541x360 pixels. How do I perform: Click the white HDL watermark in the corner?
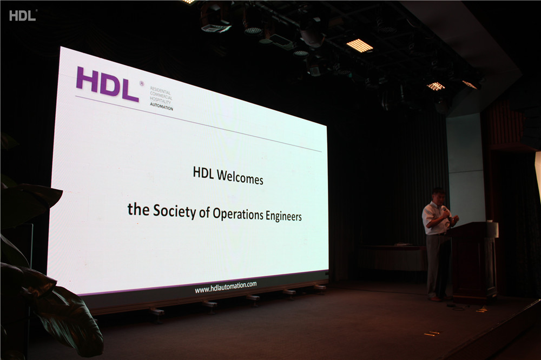click(x=22, y=16)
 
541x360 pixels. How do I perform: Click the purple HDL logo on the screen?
click(x=107, y=84)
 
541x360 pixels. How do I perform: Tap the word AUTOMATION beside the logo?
click(x=161, y=107)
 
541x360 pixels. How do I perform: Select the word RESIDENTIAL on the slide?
click(x=160, y=90)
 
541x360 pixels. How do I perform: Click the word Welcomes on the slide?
click(x=240, y=178)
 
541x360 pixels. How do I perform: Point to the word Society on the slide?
click(x=175, y=211)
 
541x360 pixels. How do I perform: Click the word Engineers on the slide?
click(x=283, y=216)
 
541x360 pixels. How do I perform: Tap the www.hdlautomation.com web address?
click(x=226, y=287)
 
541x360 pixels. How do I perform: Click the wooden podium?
click(x=473, y=262)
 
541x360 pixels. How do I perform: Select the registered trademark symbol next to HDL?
click(x=142, y=83)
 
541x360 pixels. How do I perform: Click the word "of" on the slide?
click(x=204, y=213)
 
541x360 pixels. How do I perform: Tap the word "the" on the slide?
click(x=138, y=209)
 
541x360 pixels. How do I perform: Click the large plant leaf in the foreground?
click(x=69, y=317)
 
